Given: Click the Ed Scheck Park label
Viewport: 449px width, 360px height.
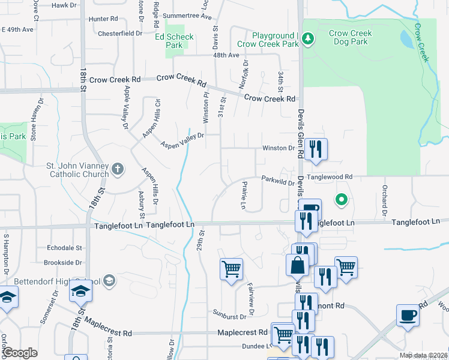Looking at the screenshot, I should pos(175,41).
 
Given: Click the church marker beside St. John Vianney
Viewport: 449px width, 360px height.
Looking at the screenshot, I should pos(118,169).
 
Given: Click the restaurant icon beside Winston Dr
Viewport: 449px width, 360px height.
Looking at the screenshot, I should pos(316,148).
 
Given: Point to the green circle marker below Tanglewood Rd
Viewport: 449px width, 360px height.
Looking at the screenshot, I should pos(342,199).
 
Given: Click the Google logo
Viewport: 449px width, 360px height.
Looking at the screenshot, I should pos(20,352).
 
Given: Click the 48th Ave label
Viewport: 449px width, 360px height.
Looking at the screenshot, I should pos(226,55).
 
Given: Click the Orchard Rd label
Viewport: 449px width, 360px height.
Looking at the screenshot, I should pos(382,201).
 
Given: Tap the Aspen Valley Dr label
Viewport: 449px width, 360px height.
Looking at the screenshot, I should pos(182,140).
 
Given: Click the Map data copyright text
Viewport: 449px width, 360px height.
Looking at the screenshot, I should pos(424,355).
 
